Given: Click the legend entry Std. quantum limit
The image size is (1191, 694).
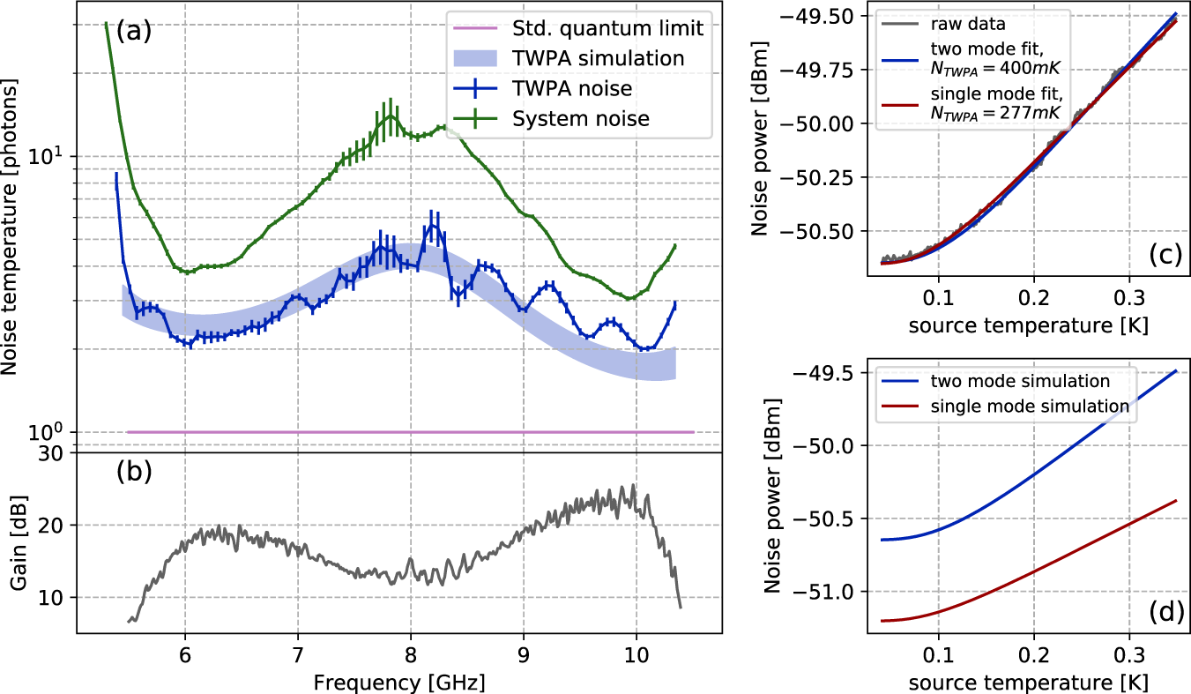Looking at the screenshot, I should (x=607, y=28).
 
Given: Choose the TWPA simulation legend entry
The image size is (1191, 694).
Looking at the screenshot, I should (x=598, y=58).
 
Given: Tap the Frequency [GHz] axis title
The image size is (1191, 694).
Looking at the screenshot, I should (x=413, y=681).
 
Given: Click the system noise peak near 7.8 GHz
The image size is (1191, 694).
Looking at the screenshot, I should (x=389, y=113).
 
